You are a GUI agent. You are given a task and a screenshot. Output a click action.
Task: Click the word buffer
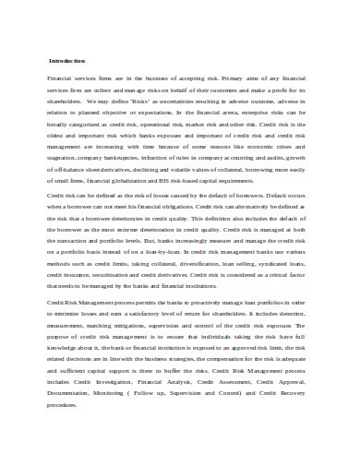pyautogui.click(x=171, y=364)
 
